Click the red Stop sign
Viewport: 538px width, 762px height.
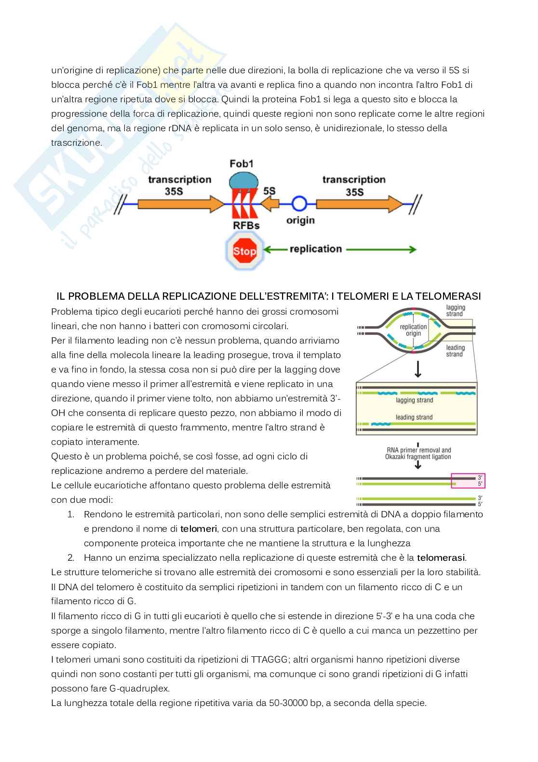pos(245,250)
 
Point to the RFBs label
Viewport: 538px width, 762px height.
pos(242,225)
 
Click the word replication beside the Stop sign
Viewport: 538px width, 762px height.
pos(316,249)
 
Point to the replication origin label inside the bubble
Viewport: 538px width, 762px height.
pos(414,330)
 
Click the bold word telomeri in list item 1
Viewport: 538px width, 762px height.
pos(199,529)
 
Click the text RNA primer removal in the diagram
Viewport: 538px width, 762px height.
pos(417,450)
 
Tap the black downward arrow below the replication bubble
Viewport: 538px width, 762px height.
pos(418,369)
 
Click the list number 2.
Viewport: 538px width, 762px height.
pos(70,558)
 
